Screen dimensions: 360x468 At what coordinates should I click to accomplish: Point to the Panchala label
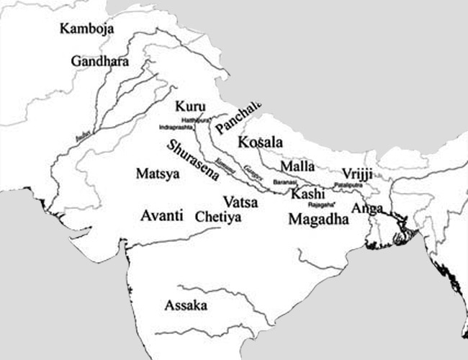238,120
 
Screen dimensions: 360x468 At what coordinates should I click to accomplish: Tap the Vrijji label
358,174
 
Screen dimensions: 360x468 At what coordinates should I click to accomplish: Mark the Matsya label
153,174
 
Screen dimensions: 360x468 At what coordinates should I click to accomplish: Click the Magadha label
318,220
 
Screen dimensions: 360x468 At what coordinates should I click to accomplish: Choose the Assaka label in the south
186,305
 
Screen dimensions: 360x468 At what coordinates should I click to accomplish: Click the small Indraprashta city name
175,127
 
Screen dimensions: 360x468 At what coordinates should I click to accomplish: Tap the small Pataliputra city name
346,186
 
